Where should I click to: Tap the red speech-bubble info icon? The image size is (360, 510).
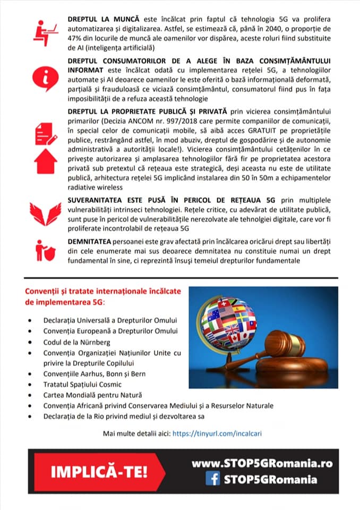click(x=46, y=78)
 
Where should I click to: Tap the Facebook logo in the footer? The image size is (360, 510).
click(x=213, y=479)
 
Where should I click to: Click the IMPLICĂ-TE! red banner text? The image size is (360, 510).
click(x=99, y=471)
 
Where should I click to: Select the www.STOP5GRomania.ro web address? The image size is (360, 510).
click(x=262, y=463)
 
